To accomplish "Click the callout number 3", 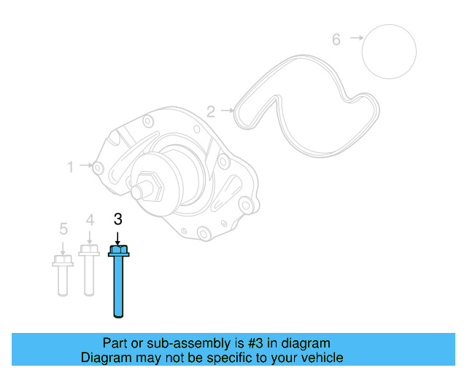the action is (117, 219).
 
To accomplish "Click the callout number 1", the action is (71, 167).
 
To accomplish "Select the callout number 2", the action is (210, 111).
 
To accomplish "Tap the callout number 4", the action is (90, 219).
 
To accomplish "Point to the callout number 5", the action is (63, 229).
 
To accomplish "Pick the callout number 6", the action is (336, 39).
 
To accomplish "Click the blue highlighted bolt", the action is (117, 284).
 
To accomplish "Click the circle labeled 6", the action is (390, 51).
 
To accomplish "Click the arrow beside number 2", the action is (228, 111).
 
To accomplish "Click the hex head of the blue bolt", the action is (117, 251).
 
